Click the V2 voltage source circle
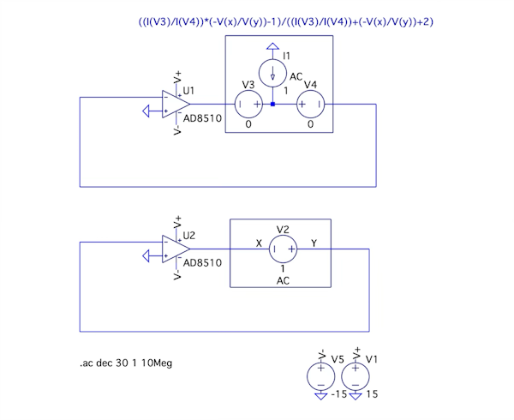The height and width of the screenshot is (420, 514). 283,249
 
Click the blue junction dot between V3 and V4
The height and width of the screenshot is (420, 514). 272,105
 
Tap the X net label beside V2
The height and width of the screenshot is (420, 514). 260,243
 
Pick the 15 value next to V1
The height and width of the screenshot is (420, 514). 371,395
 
